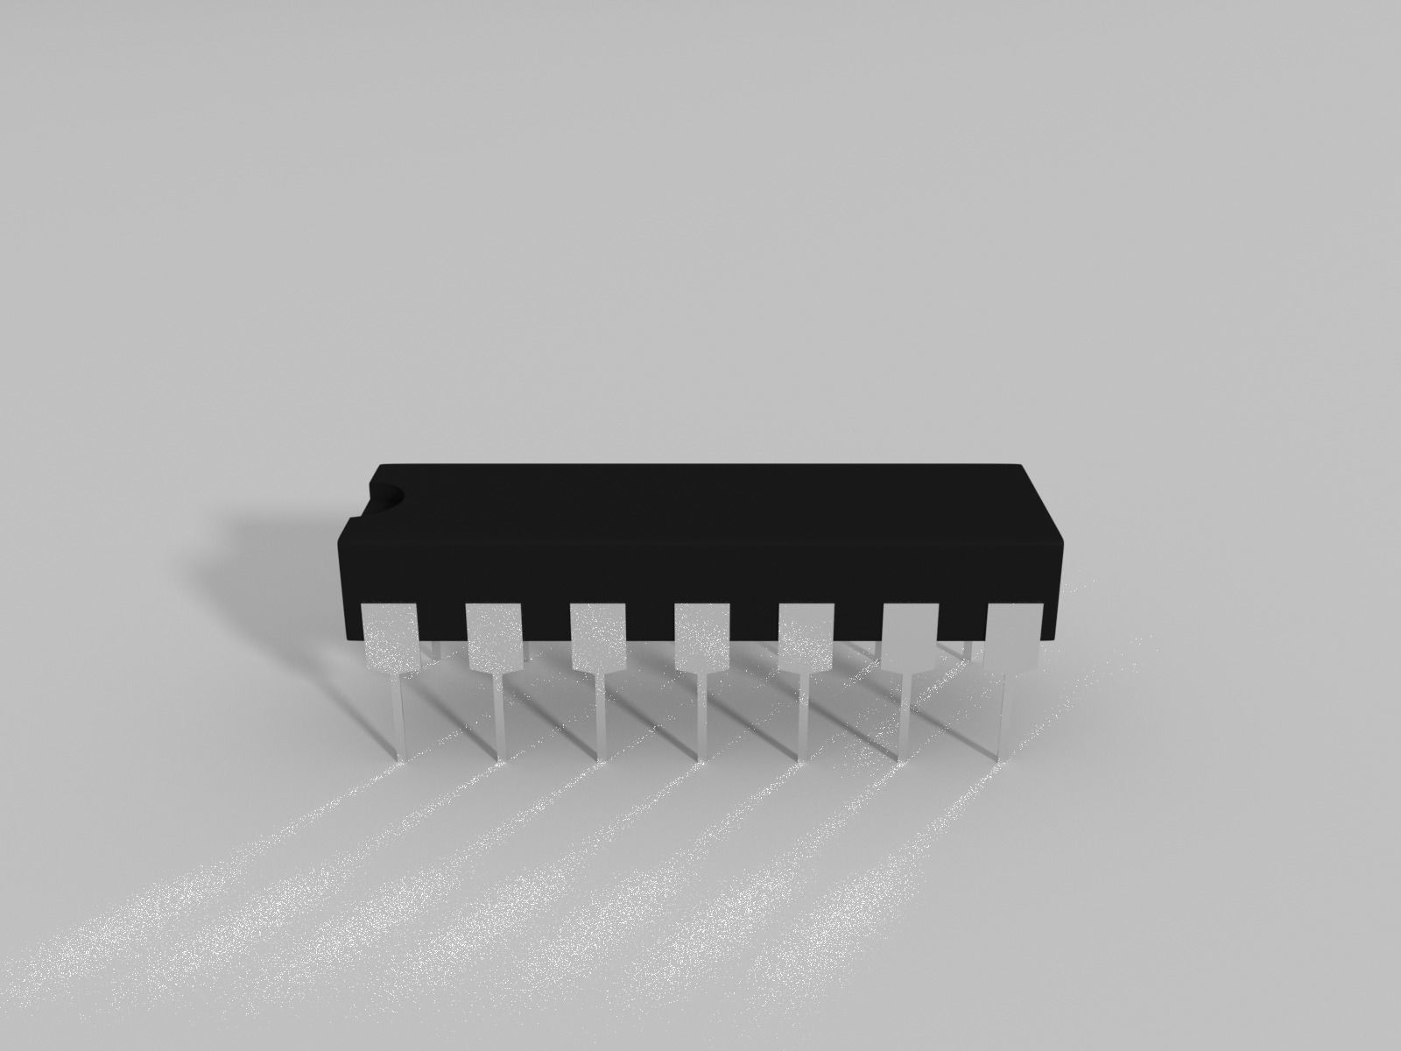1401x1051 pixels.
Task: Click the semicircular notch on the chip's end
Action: (386, 496)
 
